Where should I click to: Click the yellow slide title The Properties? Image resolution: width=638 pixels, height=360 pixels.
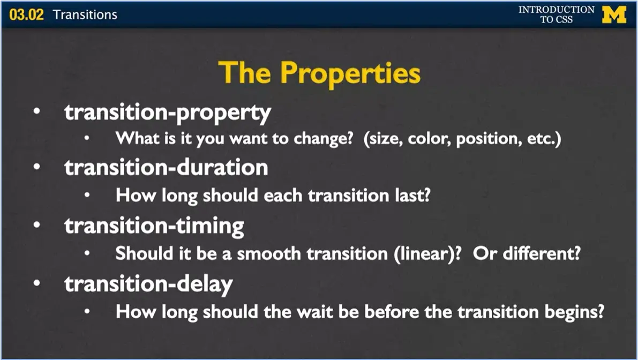click(x=319, y=73)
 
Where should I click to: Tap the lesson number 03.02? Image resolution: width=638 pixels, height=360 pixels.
click(x=26, y=14)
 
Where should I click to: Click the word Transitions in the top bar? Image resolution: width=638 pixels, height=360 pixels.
click(x=85, y=14)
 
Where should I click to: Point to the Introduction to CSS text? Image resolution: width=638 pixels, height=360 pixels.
click(x=556, y=14)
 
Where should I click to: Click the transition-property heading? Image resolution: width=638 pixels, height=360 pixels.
click(x=168, y=112)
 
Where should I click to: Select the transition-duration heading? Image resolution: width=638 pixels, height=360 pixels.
click(x=166, y=168)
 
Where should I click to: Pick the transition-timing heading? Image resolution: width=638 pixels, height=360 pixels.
click(x=154, y=225)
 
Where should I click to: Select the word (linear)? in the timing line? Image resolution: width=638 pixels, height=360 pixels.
click(x=429, y=253)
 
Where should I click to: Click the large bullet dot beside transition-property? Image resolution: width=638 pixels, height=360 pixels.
click(x=36, y=113)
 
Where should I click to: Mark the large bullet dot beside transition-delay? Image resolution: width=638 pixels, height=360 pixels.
click(x=36, y=283)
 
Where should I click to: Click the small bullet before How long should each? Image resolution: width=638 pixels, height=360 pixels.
click(x=87, y=196)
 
